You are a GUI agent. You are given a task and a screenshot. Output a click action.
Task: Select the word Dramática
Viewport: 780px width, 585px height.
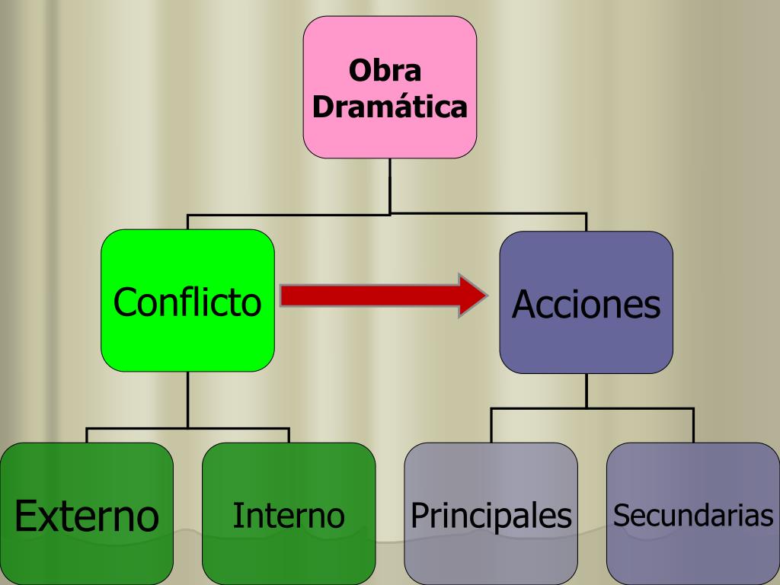click(389, 106)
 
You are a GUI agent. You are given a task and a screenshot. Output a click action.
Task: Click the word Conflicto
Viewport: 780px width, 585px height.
click(187, 302)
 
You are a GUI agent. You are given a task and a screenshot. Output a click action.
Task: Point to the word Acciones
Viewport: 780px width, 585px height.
click(586, 305)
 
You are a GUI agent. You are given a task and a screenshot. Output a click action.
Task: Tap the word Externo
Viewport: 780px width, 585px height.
click(86, 516)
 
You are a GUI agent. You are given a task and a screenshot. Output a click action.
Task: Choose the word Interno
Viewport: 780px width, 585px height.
click(288, 516)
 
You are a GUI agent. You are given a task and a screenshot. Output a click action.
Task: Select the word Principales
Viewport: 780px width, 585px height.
click(491, 516)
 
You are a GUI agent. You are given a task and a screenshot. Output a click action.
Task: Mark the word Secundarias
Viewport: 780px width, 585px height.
click(693, 516)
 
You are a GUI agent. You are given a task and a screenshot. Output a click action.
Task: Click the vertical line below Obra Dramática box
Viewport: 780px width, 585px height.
click(390, 185)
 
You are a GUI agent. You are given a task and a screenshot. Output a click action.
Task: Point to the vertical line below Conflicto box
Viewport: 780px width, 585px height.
click(187, 400)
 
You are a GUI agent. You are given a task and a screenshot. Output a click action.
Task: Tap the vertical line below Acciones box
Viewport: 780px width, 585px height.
click(587, 391)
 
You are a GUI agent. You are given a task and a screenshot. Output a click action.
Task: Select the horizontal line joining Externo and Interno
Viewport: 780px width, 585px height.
click(187, 429)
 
